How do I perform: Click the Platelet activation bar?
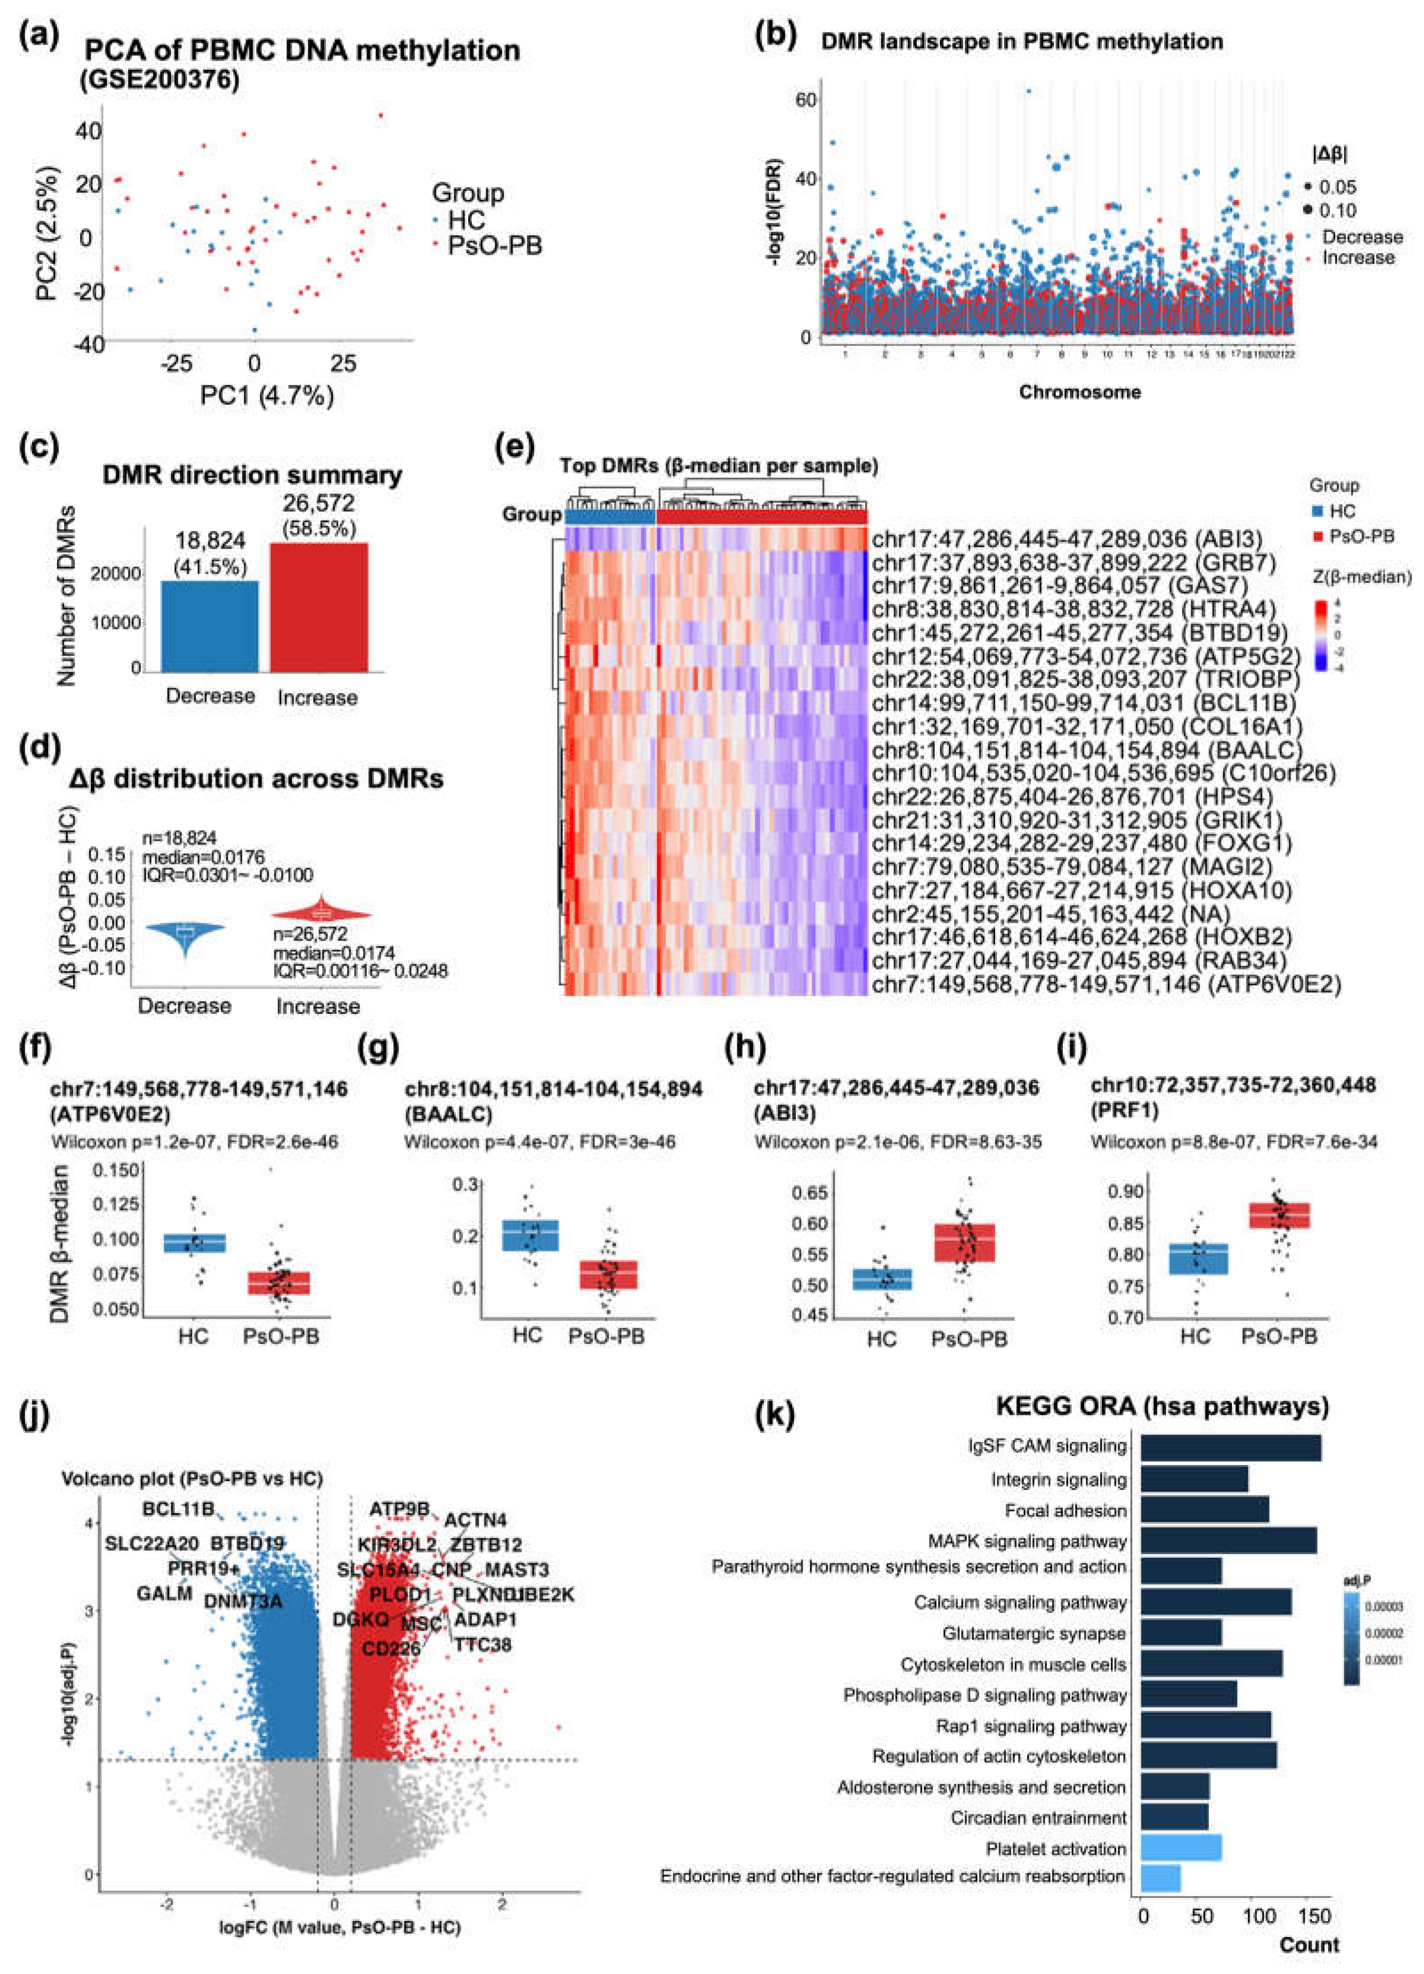[x=1180, y=1848]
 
